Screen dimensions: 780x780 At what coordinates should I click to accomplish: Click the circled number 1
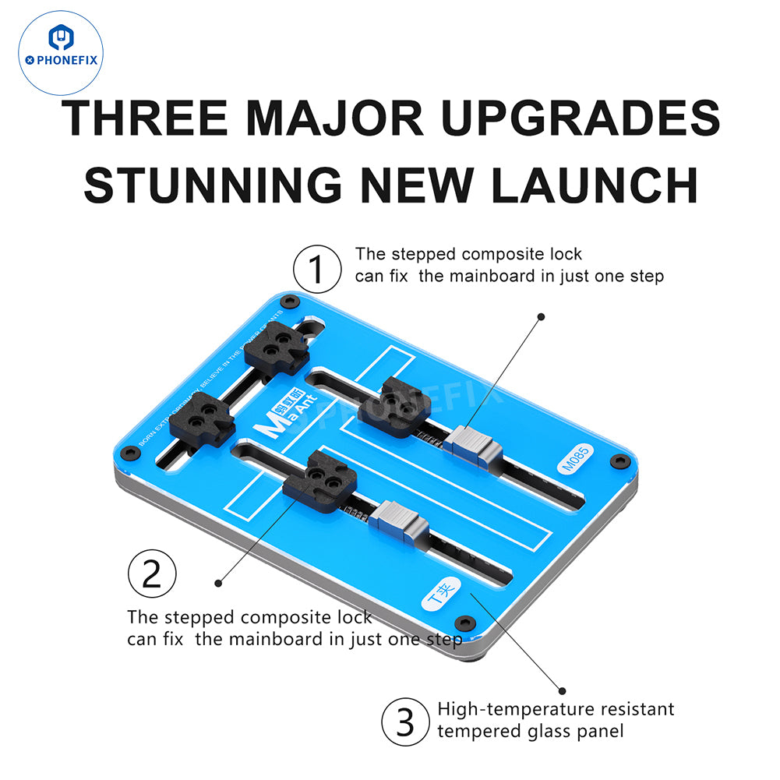[316, 270]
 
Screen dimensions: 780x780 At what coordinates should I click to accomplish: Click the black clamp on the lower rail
[320, 482]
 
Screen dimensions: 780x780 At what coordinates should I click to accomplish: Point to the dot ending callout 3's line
[562, 690]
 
